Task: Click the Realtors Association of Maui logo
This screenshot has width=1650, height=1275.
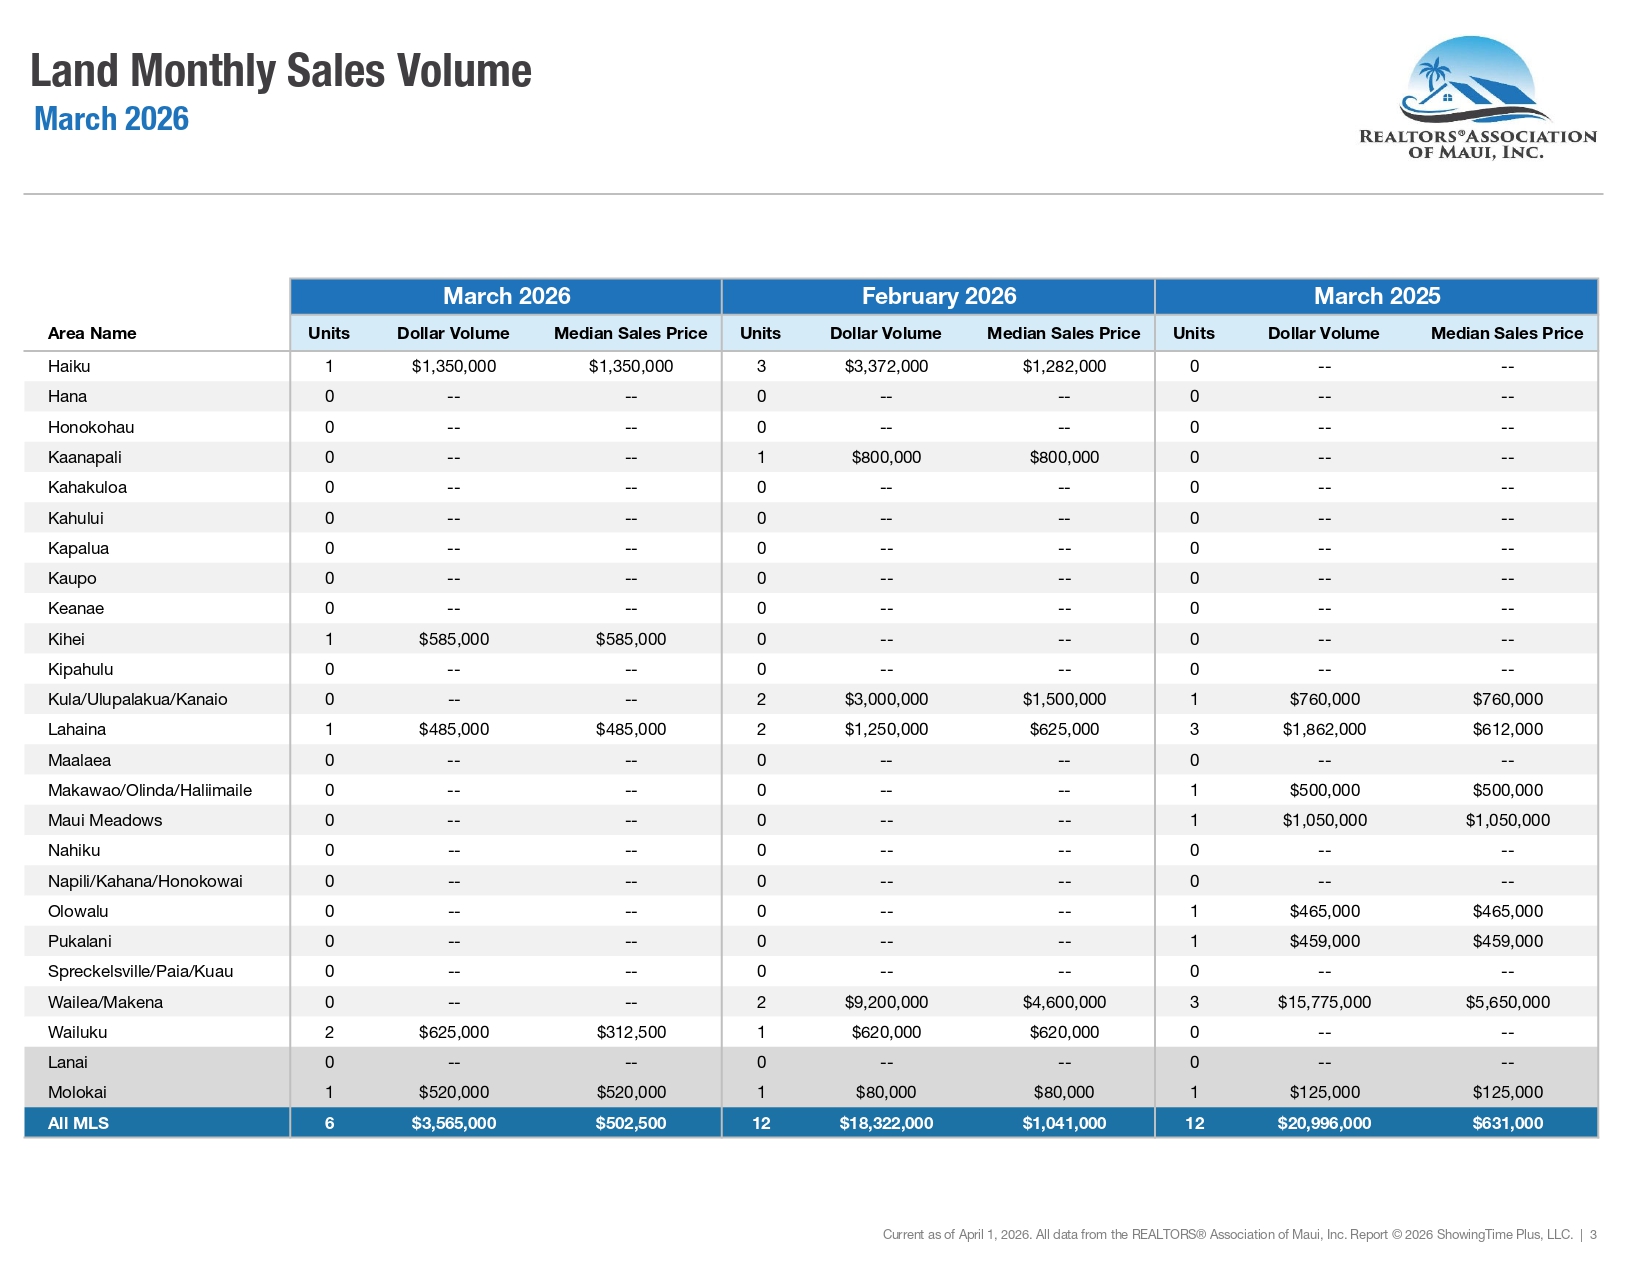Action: click(x=1476, y=97)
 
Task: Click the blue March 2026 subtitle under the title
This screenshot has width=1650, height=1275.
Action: click(x=112, y=119)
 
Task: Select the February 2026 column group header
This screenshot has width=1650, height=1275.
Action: click(x=939, y=295)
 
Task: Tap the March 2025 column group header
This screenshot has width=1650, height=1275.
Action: click(x=1377, y=295)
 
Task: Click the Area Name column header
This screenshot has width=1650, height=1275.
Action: click(x=92, y=333)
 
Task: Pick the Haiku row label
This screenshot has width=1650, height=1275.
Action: click(x=69, y=366)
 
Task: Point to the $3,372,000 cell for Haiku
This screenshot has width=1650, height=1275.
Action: click(x=886, y=366)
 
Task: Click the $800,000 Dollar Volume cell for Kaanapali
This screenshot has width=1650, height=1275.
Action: click(x=886, y=457)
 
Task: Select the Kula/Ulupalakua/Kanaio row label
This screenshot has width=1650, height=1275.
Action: click(x=137, y=699)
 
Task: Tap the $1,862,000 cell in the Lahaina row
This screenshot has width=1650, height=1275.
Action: click(x=1324, y=729)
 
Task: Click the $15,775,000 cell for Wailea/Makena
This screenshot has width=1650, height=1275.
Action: click(x=1324, y=1002)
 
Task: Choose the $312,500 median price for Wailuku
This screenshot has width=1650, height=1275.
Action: click(x=631, y=1032)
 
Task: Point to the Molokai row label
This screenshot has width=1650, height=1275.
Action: click(x=77, y=1092)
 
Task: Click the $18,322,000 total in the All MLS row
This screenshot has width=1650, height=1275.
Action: click(x=886, y=1123)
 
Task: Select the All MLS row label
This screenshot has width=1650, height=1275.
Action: click(x=78, y=1123)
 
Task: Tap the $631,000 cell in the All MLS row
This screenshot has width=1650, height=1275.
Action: click(x=1507, y=1123)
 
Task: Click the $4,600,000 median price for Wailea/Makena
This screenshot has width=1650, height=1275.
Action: click(x=1064, y=1002)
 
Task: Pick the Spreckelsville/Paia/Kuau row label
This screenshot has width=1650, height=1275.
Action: click(x=140, y=971)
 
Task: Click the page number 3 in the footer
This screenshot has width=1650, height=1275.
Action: click(x=1593, y=1235)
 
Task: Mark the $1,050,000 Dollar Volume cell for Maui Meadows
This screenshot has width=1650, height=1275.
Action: click(x=1324, y=820)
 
